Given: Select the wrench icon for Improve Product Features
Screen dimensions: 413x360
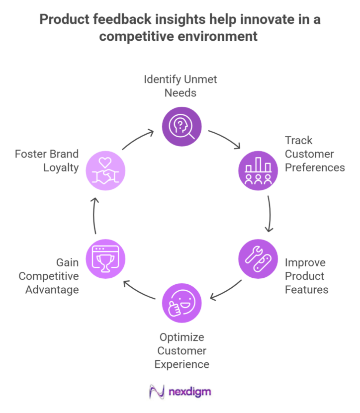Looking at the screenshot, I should (x=258, y=258).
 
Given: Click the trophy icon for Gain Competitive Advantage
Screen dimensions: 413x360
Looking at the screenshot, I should (x=105, y=258).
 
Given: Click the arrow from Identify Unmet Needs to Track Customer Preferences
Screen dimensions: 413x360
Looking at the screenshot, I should (x=225, y=139).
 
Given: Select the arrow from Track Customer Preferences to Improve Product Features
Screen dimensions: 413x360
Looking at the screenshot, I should (x=269, y=214).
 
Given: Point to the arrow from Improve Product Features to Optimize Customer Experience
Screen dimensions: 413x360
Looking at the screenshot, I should (x=226, y=290).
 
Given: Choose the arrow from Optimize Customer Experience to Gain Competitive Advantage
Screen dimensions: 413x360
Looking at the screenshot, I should (x=139, y=290).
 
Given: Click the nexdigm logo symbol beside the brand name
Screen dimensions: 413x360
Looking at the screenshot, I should (x=157, y=392).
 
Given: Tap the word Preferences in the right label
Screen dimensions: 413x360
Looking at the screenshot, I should (x=314, y=167).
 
